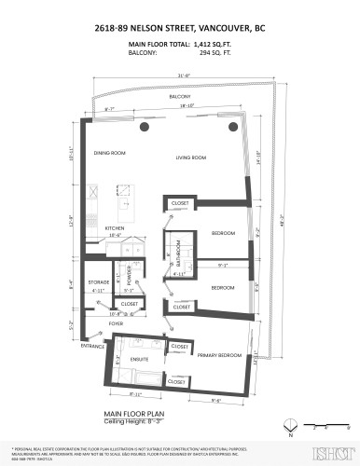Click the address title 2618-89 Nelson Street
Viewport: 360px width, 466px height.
click(x=180, y=28)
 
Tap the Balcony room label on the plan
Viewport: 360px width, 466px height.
click(x=180, y=96)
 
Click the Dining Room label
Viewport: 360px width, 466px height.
click(x=109, y=154)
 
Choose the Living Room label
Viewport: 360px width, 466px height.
click(x=190, y=158)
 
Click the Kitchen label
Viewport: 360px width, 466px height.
click(x=115, y=227)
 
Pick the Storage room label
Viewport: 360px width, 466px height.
click(x=100, y=280)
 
